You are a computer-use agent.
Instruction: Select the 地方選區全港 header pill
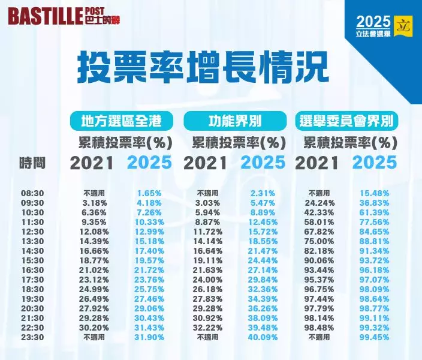(x=122, y=121)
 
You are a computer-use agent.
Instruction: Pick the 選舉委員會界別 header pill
(x=348, y=121)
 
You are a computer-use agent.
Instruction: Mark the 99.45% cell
(x=375, y=338)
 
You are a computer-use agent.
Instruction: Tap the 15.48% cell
(x=375, y=194)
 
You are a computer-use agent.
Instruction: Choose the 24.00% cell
(x=208, y=280)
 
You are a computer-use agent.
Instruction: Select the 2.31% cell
(x=263, y=194)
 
